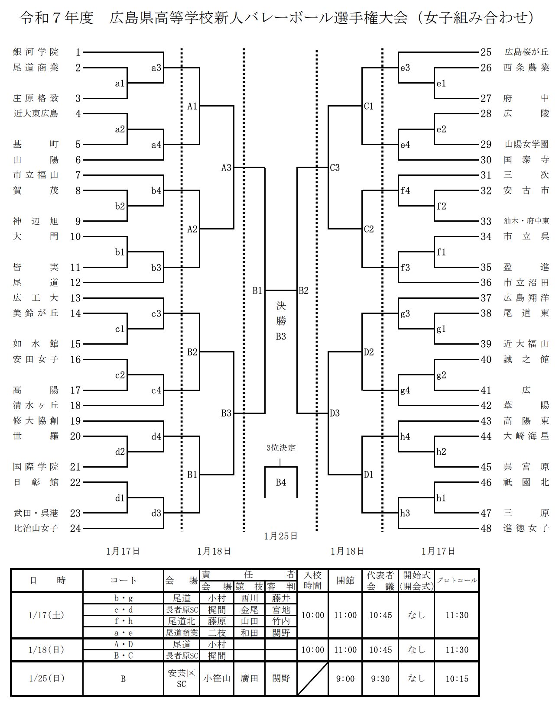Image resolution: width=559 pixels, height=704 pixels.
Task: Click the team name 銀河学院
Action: pyautogui.click(x=36, y=52)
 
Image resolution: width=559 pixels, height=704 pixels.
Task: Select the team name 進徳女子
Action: pyautogui.click(x=526, y=528)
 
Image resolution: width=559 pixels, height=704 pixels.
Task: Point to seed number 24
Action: pyautogui.click(x=75, y=528)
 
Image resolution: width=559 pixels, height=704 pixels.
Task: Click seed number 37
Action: pyautogui.click(x=486, y=298)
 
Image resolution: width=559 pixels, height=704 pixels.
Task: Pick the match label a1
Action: pyautogui.click(x=120, y=84)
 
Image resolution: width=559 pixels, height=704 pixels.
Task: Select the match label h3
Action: pyautogui.click(x=405, y=513)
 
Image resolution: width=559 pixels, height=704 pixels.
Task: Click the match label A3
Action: pyautogui.click(x=227, y=168)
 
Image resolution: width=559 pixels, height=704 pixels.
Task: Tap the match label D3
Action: pyautogui.click(x=335, y=413)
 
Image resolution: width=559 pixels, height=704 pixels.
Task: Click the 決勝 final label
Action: pyautogui.click(x=281, y=313)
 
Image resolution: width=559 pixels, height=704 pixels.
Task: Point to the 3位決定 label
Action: pyautogui.click(x=281, y=448)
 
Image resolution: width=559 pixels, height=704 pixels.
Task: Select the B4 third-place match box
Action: pyautogui.click(x=281, y=482)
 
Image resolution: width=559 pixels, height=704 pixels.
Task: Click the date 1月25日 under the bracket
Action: pyautogui.click(x=281, y=536)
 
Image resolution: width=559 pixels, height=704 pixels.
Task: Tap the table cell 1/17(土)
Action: pyautogui.click(x=46, y=615)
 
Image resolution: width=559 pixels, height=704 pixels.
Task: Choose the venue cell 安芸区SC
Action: pyautogui.click(x=182, y=678)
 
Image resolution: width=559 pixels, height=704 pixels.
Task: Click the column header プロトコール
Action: pyautogui.click(x=457, y=581)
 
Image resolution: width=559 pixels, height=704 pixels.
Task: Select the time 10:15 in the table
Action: pyautogui.click(x=457, y=679)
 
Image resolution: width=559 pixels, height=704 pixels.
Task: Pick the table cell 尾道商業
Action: pyautogui.click(x=182, y=633)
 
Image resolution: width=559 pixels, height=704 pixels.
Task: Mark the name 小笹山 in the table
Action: pyautogui.click(x=217, y=678)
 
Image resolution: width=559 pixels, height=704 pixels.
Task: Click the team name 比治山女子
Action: pyautogui.click(x=36, y=528)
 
